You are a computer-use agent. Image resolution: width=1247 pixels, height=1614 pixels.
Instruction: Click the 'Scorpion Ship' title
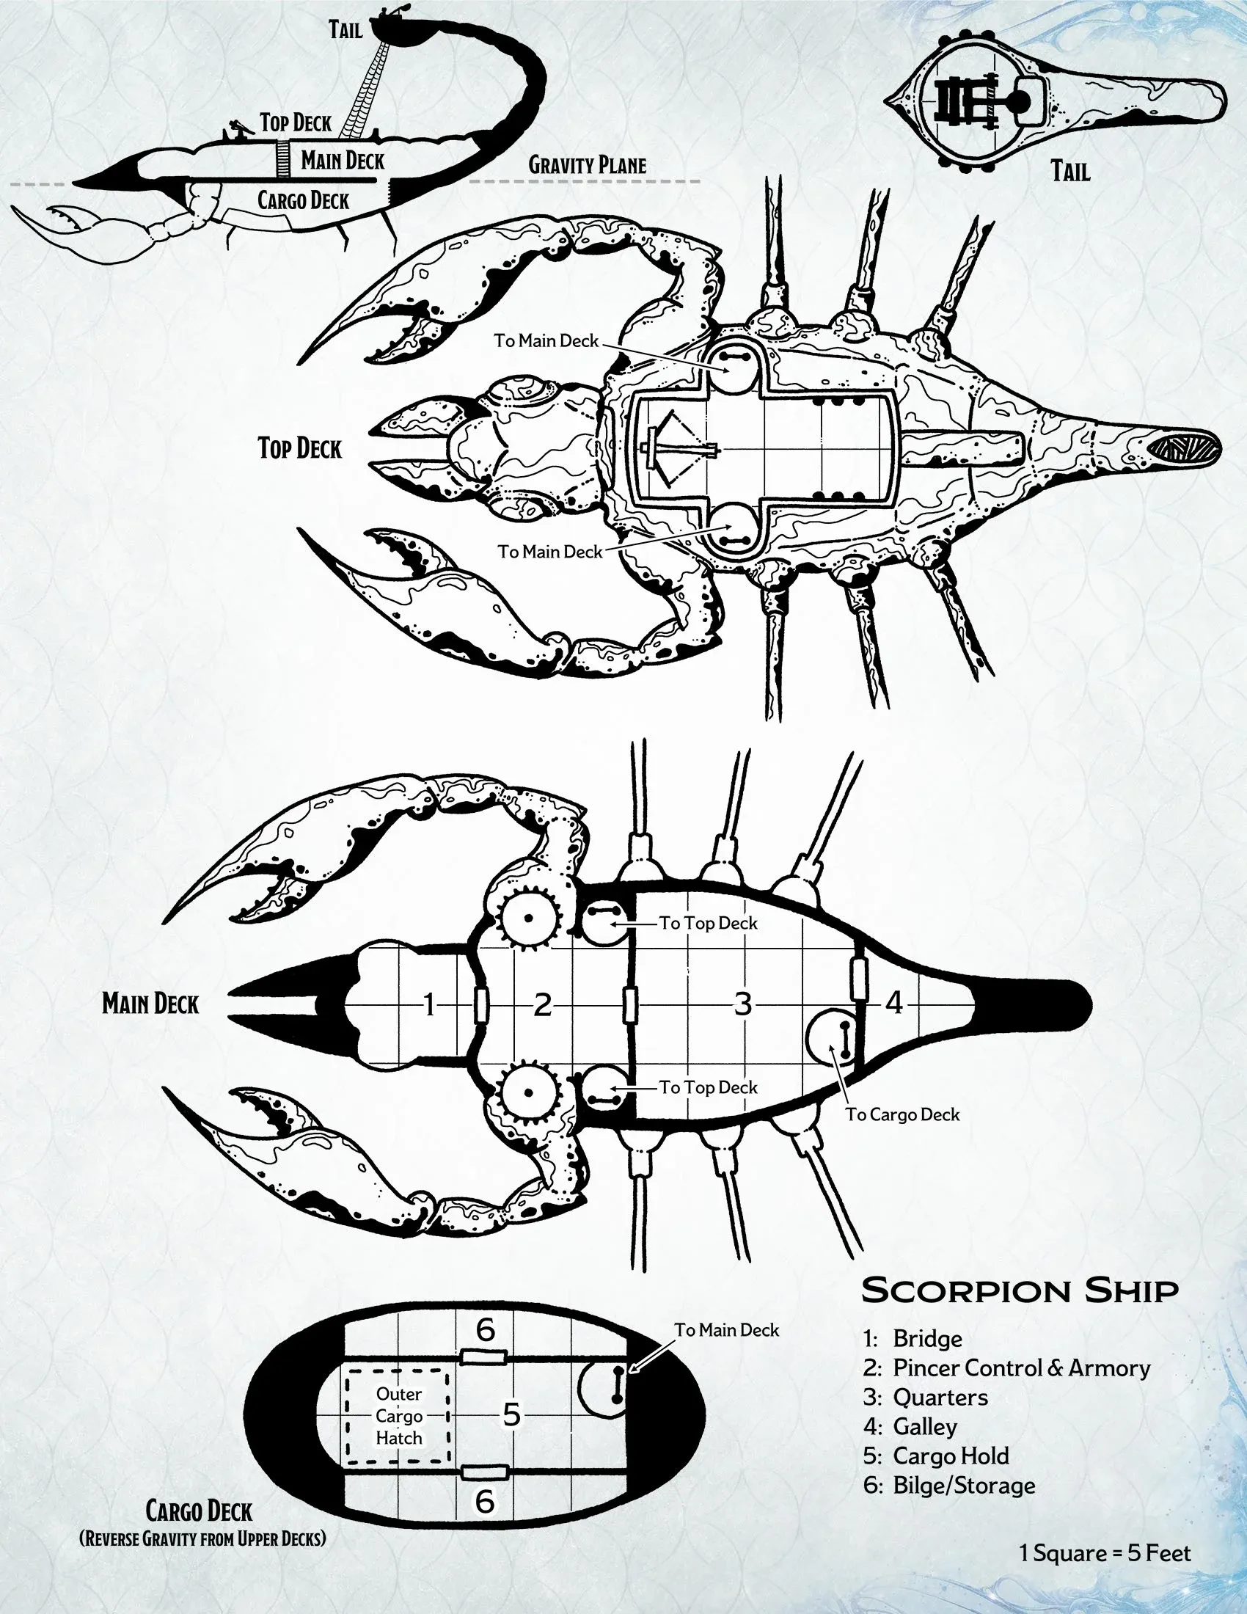1020,1291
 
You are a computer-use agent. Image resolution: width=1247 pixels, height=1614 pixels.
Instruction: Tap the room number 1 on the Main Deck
429,1005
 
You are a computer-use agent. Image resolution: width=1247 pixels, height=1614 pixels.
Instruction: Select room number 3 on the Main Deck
742,1004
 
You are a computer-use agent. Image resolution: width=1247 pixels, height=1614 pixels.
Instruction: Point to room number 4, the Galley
894,1003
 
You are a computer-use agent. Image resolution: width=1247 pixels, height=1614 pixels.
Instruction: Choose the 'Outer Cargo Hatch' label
399,1416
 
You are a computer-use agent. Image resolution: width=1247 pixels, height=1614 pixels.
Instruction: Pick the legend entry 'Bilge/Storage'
963,1485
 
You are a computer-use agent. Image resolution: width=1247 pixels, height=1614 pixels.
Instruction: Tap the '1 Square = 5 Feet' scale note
1105,1553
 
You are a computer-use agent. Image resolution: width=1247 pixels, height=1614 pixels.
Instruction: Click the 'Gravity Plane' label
588,165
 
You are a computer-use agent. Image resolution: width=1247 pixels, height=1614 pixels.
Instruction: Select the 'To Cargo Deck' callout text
902,1114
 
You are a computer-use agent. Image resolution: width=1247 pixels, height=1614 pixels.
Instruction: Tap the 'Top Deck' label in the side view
296,123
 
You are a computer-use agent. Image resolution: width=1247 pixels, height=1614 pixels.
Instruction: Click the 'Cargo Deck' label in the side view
303,200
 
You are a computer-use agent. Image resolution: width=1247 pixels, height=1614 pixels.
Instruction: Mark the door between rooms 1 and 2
481,1005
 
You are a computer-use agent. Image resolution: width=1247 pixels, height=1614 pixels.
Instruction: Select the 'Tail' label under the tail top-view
1070,172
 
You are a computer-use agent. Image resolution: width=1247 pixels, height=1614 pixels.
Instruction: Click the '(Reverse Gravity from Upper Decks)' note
202,1538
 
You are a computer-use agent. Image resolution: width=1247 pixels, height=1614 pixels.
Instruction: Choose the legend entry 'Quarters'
940,1398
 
